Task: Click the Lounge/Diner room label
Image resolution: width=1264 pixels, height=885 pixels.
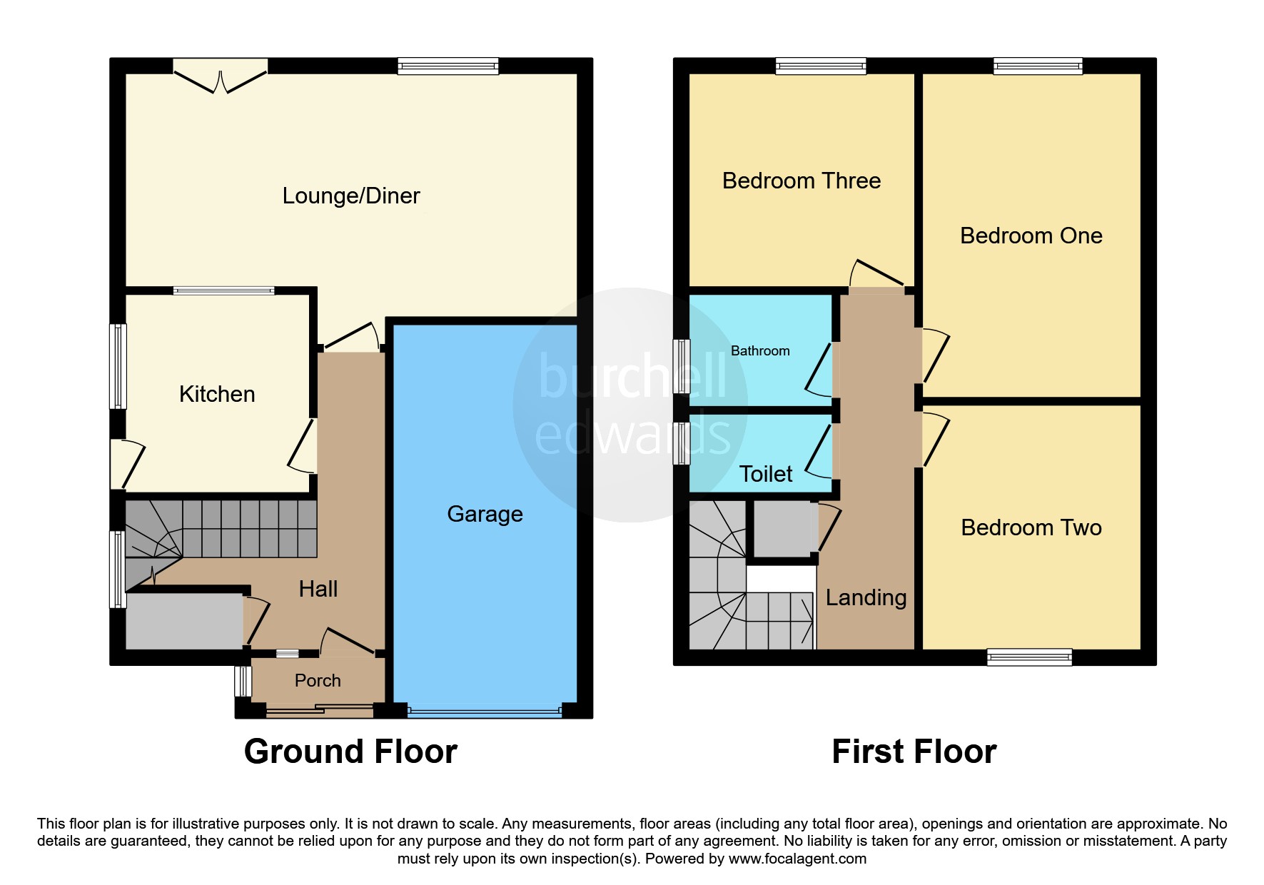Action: click(x=351, y=196)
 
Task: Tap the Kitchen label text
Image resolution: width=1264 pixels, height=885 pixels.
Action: click(x=217, y=394)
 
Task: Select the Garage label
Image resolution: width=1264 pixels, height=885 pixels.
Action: click(x=485, y=515)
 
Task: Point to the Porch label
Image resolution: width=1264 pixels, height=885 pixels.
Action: click(x=318, y=681)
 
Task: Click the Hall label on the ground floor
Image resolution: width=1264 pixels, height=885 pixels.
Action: click(x=318, y=589)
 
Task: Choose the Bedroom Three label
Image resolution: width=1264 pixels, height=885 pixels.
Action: click(x=802, y=181)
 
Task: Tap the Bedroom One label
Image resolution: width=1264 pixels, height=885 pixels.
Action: click(x=1031, y=236)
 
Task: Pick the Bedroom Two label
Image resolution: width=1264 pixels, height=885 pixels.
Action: click(x=1031, y=527)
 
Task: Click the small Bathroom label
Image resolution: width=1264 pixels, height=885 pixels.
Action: click(x=760, y=351)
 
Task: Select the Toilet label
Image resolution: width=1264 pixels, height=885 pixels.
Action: click(x=766, y=474)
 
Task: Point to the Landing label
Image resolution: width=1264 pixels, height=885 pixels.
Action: click(x=866, y=597)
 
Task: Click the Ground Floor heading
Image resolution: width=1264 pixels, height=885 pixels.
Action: click(x=350, y=752)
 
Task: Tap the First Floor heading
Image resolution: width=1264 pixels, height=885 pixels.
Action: click(x=914, y=752)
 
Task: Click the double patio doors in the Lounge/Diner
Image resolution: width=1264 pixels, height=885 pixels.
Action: click(x=221, y=76)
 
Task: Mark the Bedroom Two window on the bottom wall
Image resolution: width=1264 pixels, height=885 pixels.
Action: click(x=1029, y=657)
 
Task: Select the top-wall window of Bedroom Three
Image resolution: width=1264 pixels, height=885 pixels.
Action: click(x=821, y=66)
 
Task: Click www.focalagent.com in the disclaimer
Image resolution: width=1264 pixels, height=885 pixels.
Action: click(x=797, y=859)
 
